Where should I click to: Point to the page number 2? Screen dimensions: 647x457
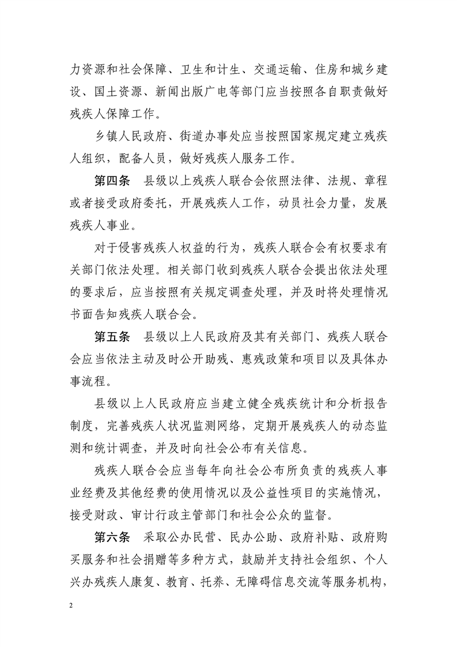point(70,604)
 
